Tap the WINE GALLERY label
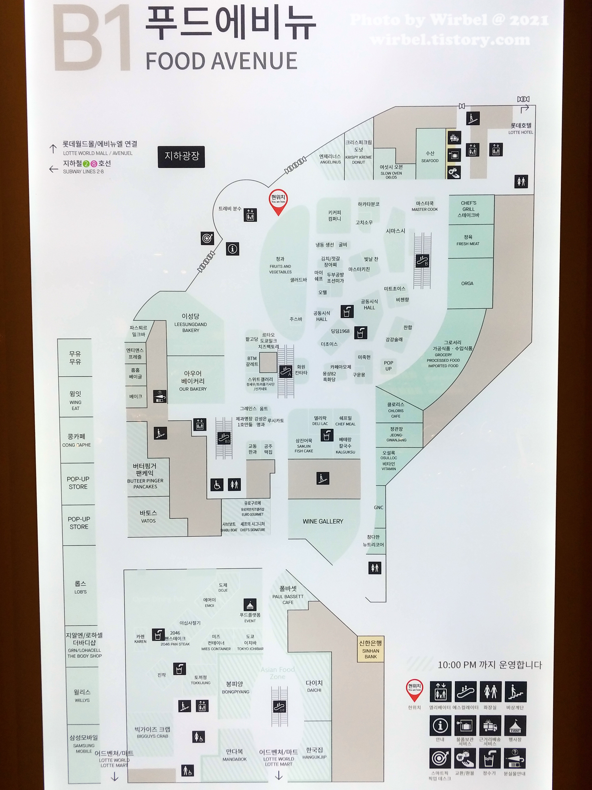click(323, 521)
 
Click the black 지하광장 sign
click(181, 156)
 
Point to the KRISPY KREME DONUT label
click(358, 160)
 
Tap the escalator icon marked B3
click(224, 438)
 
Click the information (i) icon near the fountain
click(232, 249)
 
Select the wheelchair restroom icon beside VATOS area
click(217, 485)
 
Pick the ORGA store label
click(467, 283)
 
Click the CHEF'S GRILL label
click(468, 209)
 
